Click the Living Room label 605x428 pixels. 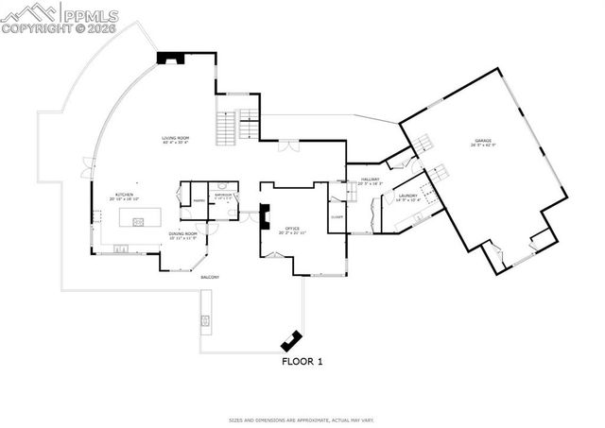[x=175, y=141]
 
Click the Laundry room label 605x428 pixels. [x=407, y=197]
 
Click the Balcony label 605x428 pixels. [x=209, y=277]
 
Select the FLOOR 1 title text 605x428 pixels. [x=302, y=361]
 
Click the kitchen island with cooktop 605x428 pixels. [x=138, y=222]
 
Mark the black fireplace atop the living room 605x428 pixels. [x=171, y=58]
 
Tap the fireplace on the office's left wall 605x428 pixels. [x=264, y=217]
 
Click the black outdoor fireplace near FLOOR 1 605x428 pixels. [x=288, y=340]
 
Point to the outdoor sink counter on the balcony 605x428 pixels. [x=204, y=322]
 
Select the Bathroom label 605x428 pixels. [x=223, y=197]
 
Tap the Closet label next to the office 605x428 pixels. [x=337, y=217]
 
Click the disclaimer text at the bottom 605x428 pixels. [x=302, y=419]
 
